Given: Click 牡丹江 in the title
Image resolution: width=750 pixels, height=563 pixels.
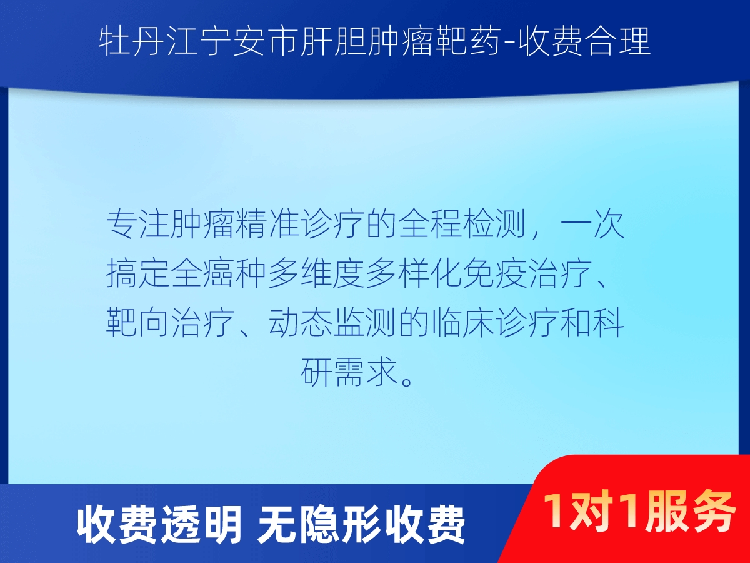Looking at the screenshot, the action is [x=147, y=42].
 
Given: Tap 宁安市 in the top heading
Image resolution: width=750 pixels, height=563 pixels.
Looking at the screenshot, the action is [x=248, y=42].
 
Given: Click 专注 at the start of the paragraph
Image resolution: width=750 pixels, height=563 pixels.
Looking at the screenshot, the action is [x=138, y=224].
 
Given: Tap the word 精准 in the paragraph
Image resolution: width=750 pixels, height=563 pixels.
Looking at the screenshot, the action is [x=267, y=224].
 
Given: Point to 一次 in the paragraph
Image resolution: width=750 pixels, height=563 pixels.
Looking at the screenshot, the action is [x=593, y=224].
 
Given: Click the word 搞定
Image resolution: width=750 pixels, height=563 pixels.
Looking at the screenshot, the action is [x=138, y=273].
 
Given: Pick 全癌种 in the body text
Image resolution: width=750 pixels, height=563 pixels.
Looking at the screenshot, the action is [x=219, y=273].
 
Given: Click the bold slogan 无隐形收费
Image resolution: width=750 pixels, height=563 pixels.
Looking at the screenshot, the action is [x=361, y=525].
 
